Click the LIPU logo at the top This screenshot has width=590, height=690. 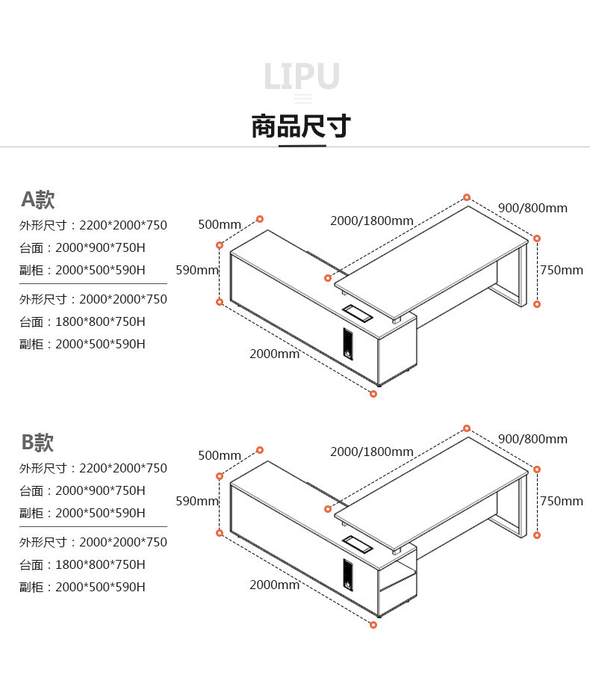coord(302,77)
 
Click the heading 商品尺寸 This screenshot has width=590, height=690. coord(301,126)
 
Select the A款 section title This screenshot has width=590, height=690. coord(37,200)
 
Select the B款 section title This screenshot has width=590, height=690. coord(37,443)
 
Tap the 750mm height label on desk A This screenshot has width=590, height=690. coord(561,270)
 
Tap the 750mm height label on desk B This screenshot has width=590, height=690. coord(561,501)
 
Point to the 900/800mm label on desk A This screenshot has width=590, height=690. coord(532,208)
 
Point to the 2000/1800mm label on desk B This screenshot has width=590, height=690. coord(371,452)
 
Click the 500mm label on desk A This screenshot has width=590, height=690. coord(220,224)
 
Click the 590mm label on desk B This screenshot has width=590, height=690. coord(197,501)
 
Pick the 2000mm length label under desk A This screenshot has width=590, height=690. coord(274,354)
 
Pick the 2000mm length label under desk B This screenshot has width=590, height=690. coord(274,585)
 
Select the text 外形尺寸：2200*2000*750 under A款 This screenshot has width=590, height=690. coord(93,225)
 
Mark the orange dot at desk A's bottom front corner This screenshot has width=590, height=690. coord(373,394)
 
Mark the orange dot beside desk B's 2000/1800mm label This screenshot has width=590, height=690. coord(467,428)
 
